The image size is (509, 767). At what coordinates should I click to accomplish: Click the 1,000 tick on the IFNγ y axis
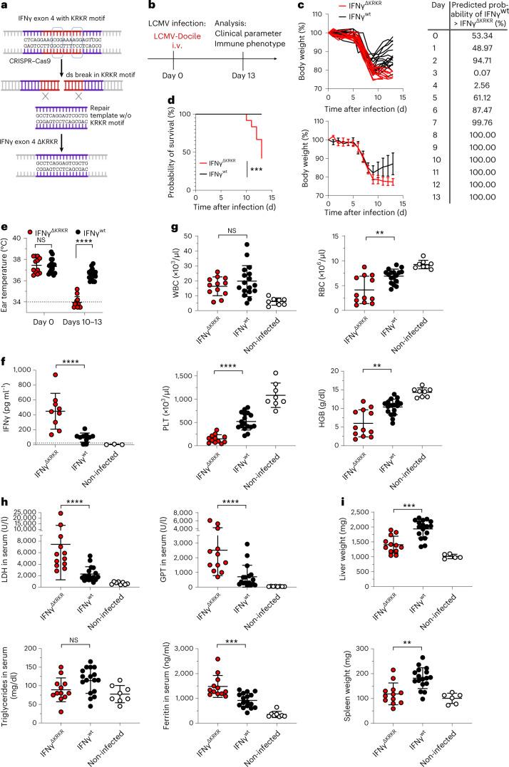pos(26,370)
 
